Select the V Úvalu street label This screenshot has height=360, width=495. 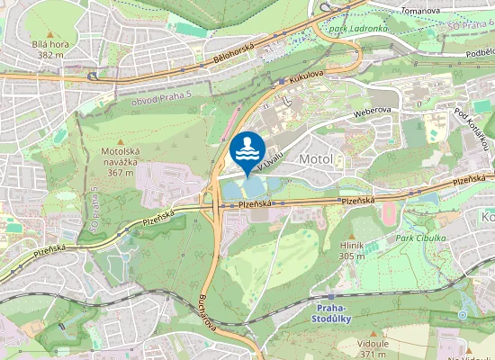(x=270, y=160)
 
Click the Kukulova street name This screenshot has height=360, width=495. (x=306, y=80)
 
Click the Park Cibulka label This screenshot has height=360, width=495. (x=419, y=238)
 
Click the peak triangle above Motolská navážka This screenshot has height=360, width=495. (x=120, y=144)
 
